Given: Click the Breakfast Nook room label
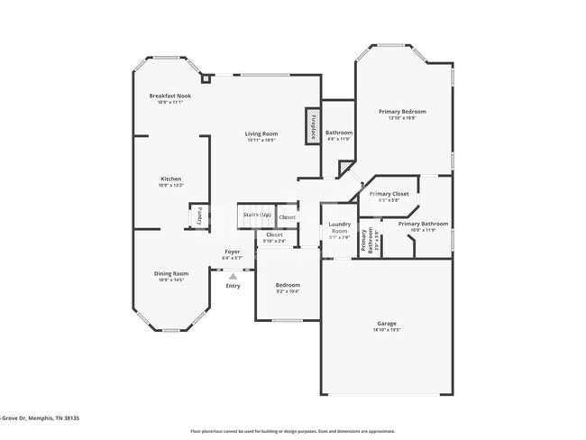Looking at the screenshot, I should coord(170,96).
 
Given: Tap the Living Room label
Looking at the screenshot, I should coord(261,134).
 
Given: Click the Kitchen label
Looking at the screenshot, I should coord(170,179).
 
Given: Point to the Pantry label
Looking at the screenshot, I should coord(199,217).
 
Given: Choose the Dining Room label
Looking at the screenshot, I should coord(170,273).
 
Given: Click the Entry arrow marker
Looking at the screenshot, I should coord(233,277).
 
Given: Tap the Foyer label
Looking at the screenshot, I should coord(233,252).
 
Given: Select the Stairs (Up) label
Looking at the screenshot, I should coord(254,215).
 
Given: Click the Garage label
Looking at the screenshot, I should coord(386,323).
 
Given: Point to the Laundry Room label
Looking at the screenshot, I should coord(339,225).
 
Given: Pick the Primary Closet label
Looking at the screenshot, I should coord(389,194).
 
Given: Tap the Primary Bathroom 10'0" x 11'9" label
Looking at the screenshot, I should coord(423,224).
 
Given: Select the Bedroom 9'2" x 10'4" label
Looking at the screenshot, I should coord(287,285).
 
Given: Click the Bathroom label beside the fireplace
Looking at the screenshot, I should coord(339,133).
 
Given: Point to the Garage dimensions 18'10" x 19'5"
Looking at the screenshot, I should coord(386,330).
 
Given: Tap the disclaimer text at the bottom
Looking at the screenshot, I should coord(292,431).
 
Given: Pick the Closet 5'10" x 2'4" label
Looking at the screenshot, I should coord(274,235).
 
